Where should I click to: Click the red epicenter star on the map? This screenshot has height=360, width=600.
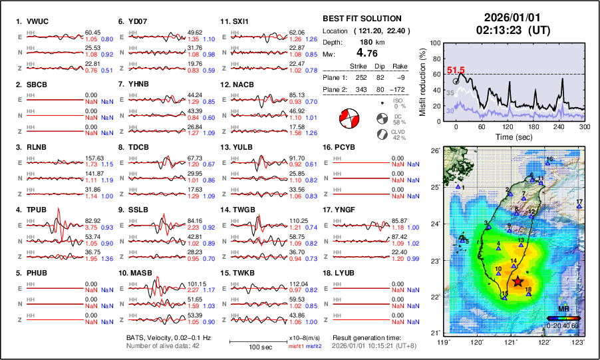point(518,282)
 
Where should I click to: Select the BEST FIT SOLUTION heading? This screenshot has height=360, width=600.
point(361,19)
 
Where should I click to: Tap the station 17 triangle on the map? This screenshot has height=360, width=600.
point(579,206)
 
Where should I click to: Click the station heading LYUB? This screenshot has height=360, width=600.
point(345,272)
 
